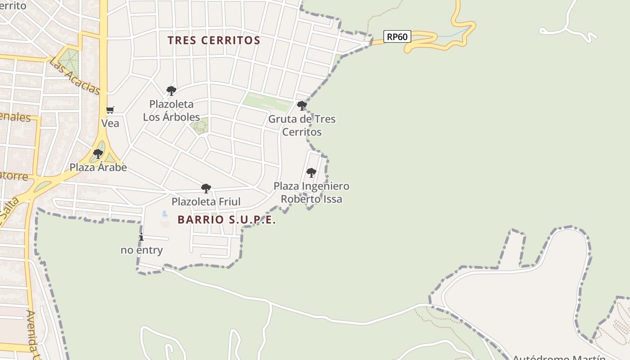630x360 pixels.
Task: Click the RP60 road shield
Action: (x=397, y=36)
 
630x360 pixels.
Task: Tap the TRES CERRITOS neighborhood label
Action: (x=214, y=40)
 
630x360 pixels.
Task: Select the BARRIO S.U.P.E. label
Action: (x=226, y=220)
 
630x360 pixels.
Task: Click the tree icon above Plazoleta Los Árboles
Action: (x=171, y=91)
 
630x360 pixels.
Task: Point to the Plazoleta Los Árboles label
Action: (x=171, y=111)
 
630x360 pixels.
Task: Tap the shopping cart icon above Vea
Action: (x=110, y=110)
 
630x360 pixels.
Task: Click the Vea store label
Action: (x=110, y=123)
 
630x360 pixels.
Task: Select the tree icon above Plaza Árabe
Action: (x=98, y=154)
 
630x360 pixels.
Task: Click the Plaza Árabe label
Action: (x=98, y=167)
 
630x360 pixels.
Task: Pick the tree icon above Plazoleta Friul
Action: (x=206, y=188)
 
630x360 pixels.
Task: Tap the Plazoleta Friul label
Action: (x=206, y=202)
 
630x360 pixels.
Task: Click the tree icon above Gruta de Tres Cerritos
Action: (x=302, y=106)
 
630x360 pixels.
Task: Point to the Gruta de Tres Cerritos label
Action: (x=302, y=126)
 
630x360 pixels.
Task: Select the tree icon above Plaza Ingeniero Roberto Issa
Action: (x=311, y=173)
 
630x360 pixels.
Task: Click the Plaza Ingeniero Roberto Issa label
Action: (x=311, y=193)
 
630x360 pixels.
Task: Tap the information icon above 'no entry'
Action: (x=141, y=237)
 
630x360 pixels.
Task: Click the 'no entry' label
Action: (x=142, y=250)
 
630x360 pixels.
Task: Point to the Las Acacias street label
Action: (x=75, y=76)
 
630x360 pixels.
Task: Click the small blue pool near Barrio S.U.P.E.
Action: (x=165, y=213)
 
